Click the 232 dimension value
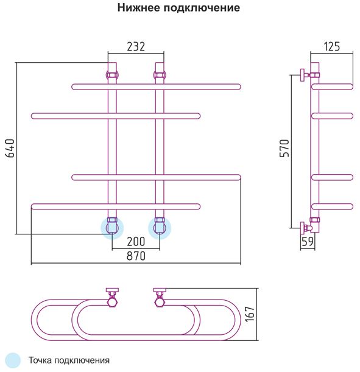coord(136,46)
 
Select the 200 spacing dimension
coord(136,242)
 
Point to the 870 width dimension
coord(136,256)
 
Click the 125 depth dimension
coord(332,46)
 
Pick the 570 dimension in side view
coord(284,149)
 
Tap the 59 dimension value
coord(308,242)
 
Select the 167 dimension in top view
coord(250,314)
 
